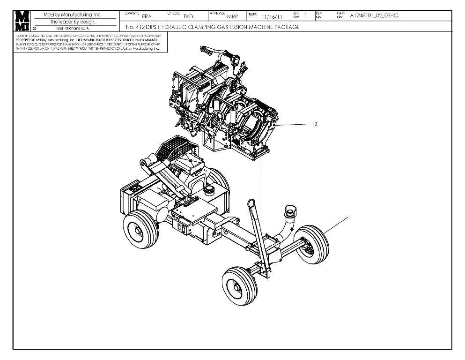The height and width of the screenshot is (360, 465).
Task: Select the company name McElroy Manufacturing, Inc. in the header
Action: pos(75,15)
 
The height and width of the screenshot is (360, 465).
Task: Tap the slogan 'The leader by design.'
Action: pos(75,22)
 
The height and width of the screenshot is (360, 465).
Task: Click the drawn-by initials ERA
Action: pos(147,17)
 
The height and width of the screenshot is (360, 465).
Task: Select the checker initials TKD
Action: pos(188,17)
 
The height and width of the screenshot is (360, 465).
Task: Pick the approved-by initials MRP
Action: pos(233,17)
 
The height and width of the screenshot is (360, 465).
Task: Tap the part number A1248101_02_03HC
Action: pos(374,15)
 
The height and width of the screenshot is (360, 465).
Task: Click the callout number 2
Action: pos(316,124)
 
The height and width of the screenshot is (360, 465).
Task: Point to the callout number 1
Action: pos(349,217)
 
